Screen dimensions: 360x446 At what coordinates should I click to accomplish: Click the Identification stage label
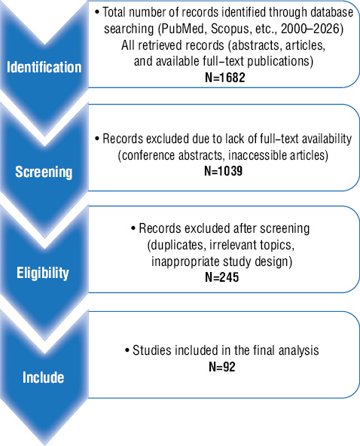coord(44,67)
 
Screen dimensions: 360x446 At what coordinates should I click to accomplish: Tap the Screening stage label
coord(44,172)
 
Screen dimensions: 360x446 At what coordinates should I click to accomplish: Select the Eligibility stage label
coord(43,273)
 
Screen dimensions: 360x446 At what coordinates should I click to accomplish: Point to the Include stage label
coord(43,377)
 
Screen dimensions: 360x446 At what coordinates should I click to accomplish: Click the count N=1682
coord(225,78)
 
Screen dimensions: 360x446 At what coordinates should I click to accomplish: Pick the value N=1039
coord(224,171)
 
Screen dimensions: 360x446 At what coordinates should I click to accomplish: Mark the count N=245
coord(222,277)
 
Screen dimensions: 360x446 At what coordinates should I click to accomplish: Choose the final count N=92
coord(222,367)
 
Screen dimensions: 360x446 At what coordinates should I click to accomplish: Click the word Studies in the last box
coord(151,350)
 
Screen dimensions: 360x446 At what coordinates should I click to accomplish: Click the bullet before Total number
coord(97,12)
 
